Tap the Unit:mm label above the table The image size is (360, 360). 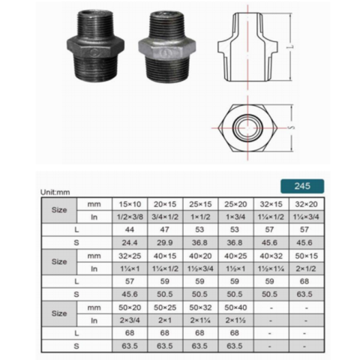(x=57, y=193)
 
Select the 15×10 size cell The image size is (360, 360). (x=130, y=203)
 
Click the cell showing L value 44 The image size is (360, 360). (x=130, y=230)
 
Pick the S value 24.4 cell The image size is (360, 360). (x=130, y=243)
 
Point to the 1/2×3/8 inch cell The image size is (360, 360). (x=130, y=217)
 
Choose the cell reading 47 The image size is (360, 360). (x=163, y=230)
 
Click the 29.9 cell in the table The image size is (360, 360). (x=163, y=243)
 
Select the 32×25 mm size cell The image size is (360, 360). (x=130, y=256)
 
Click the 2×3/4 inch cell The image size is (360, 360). (x=130, y=320)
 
